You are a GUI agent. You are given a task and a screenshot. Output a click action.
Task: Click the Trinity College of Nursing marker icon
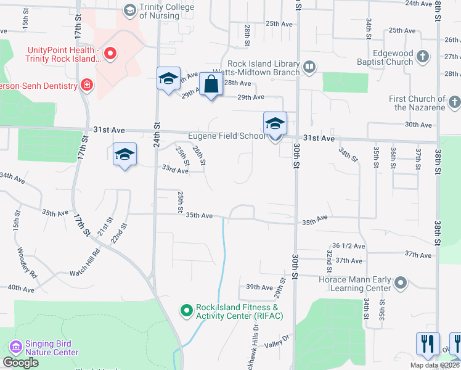[129, 10]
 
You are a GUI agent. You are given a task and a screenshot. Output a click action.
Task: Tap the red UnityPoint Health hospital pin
[110, 54]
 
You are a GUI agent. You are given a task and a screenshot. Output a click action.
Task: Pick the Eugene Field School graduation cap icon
[275, 124]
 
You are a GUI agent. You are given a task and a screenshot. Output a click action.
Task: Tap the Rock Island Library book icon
[309, 66]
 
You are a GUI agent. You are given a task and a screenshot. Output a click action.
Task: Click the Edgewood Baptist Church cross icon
[423, 57]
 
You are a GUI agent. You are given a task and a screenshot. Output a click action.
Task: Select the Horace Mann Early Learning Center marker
[401, 283]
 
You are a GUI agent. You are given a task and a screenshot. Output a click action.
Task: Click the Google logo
[21, 363]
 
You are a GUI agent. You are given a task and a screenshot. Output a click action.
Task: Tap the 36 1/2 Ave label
[348, 246]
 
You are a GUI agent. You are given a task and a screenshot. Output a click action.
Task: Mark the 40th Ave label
[21, 288]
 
